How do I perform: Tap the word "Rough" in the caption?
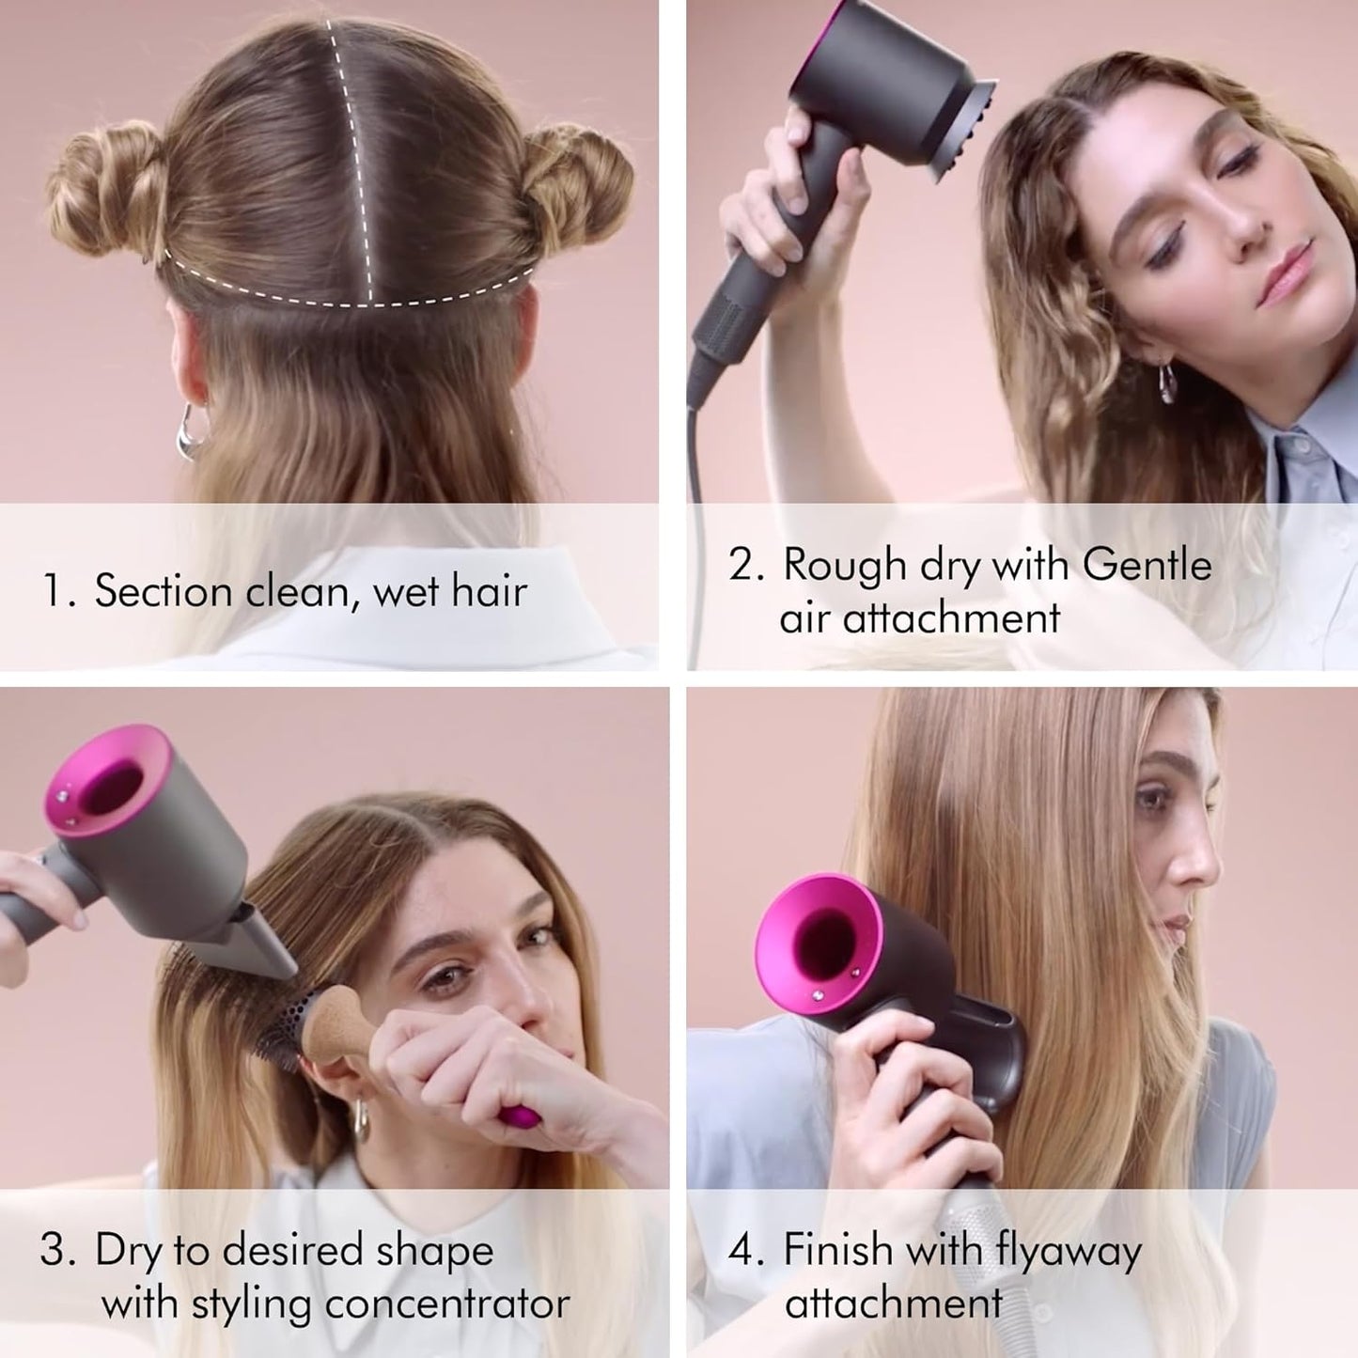click(831, 565)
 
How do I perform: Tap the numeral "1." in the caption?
click(59, 592)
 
